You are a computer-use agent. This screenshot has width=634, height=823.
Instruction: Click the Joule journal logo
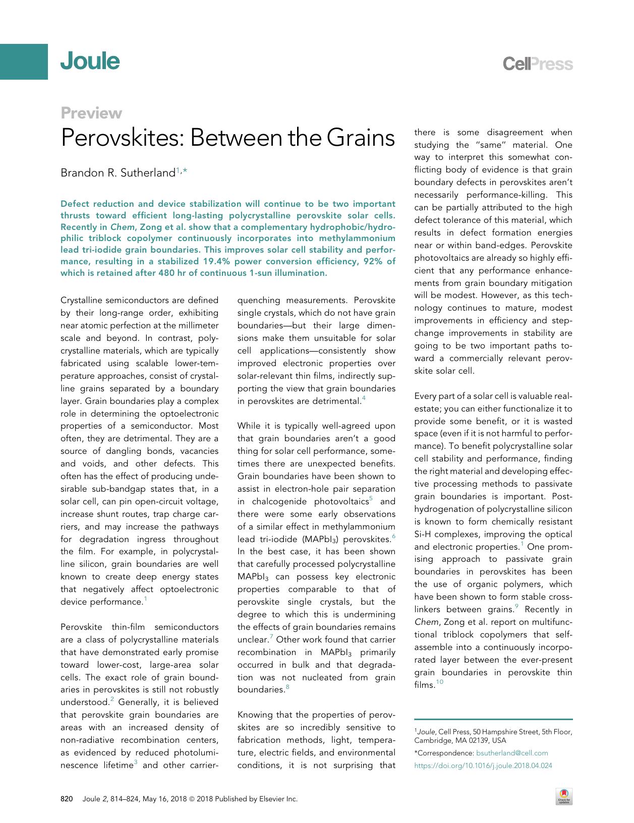90,62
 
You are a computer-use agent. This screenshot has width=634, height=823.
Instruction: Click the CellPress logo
538,64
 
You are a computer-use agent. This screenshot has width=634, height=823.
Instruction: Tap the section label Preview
91,113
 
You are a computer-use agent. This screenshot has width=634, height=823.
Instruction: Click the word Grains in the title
361,138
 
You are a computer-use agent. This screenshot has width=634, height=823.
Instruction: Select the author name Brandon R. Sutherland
118,173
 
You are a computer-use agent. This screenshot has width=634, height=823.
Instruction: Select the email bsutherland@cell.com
512,753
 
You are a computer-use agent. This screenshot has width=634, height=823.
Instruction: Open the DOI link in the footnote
483,765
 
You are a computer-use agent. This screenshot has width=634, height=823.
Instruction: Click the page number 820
67,799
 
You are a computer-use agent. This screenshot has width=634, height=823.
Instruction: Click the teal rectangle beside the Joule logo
24,62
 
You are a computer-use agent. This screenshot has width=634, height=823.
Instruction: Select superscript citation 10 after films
440,682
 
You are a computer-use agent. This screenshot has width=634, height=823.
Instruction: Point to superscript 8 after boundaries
287,687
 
